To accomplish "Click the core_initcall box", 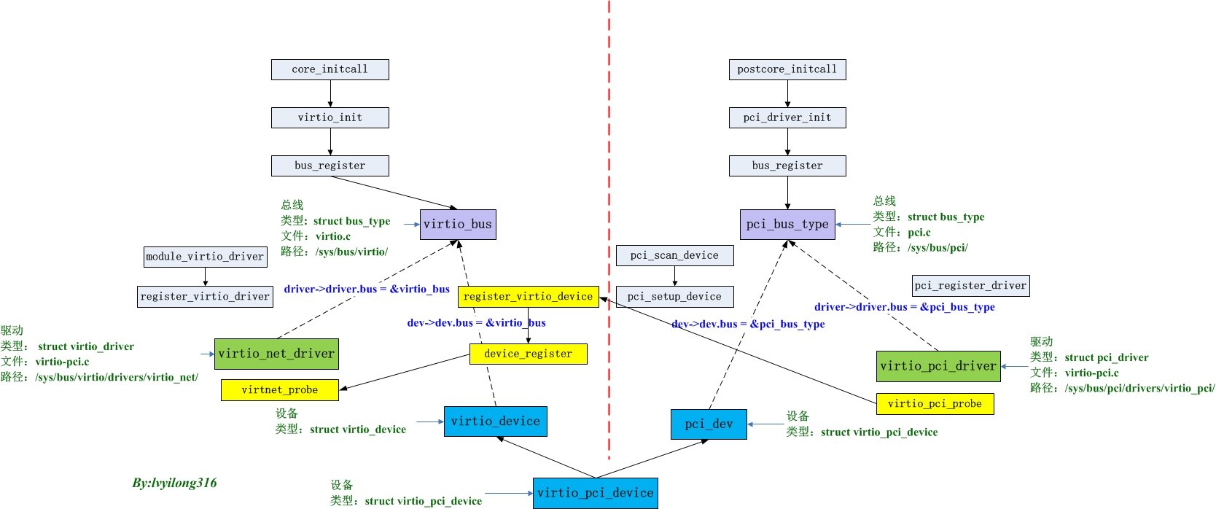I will pyautogui.click(x=330, y=69).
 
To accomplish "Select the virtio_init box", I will pyautogui.click(x=330, y=117).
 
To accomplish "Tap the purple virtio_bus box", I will pyautogui.click(x=458, y=224).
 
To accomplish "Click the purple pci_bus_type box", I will pyautogui.click(x=787, y=224).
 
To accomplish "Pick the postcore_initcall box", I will pyautogui.click(x=787, y=69).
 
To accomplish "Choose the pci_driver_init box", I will pyautogui.click(x=787, y=117).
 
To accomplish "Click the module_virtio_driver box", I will pyautogui.click(x=205, y=256).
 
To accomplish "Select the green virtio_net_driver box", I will pyautogui.click(x=276, y=354).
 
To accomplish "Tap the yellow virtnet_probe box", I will pyautogui.click(x=280, y=390).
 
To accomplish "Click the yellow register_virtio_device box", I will pyautogui.click(x=528, y=297).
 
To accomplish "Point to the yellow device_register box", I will pyautogui.click(x=528, y=354).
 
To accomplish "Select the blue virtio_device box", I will pyautogui.click(x=495, y=421).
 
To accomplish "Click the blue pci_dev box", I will pyautogui.click(x=708, y=424).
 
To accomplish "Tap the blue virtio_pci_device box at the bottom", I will pyautogui.click(x=595, y=493).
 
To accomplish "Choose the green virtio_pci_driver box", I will pyautogui.click(x=938, y=366).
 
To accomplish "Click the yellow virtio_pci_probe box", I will pyautogui.click(x=935, y=403).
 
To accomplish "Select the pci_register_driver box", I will pyautogui.click(x=970, y=285).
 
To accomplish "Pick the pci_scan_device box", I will pyautogui.click(x=674, y=255).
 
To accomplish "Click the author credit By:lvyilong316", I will pyautogui.click(x=174, y=483).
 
